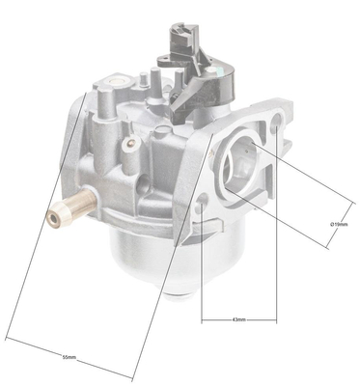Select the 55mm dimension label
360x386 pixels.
coord(69,357)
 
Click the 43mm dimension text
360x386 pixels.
coord(239,318)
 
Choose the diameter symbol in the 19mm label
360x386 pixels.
coord(331,224)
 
